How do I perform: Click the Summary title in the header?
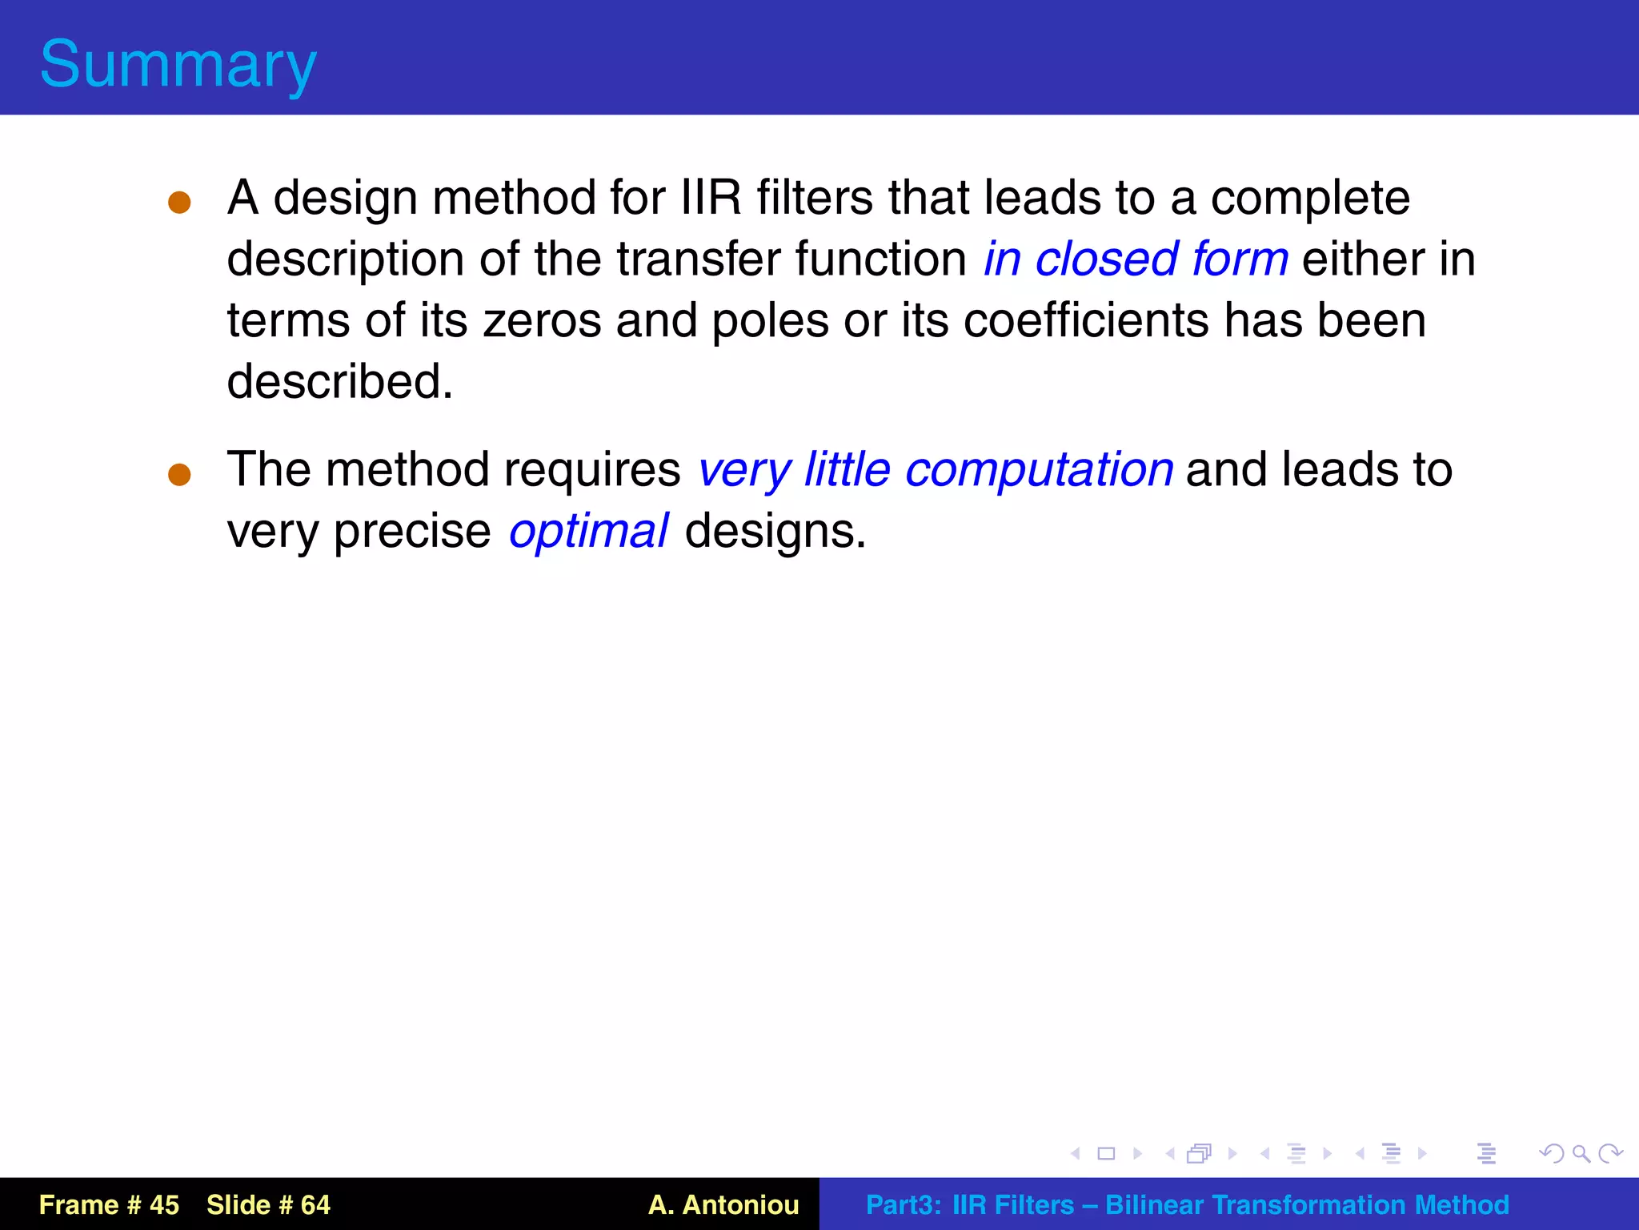pos(178,64)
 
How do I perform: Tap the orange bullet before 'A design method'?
pos(179,202)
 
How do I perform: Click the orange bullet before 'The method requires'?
pos(179,474)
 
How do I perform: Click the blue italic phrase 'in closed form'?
pos(1136,259)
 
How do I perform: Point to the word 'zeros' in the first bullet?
pos(542,320)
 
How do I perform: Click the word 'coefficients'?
pos(1087,320)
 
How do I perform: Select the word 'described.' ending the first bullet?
pos(340,381)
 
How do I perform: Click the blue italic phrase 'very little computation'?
pos(935,470)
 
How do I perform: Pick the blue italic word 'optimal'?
pos(588,532)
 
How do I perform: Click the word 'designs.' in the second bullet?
pos(775,532)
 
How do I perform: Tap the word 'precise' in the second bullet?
pos(411,532)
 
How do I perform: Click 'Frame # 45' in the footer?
pos(109,1204)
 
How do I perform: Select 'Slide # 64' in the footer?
pos(268,1204)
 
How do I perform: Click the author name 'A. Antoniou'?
pos(723,1204)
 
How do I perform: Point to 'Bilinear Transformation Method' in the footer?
pos(1306,1204)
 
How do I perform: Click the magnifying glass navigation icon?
pos(1581,1153)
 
